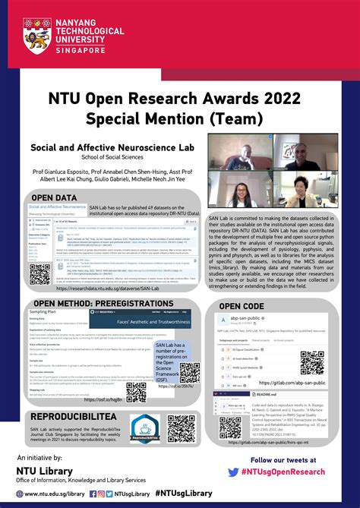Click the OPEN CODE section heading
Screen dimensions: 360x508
[x=242, y=306]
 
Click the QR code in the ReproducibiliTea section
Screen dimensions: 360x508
[x=182, y=428]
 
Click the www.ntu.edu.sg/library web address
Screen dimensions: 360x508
[x=53, y=494]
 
